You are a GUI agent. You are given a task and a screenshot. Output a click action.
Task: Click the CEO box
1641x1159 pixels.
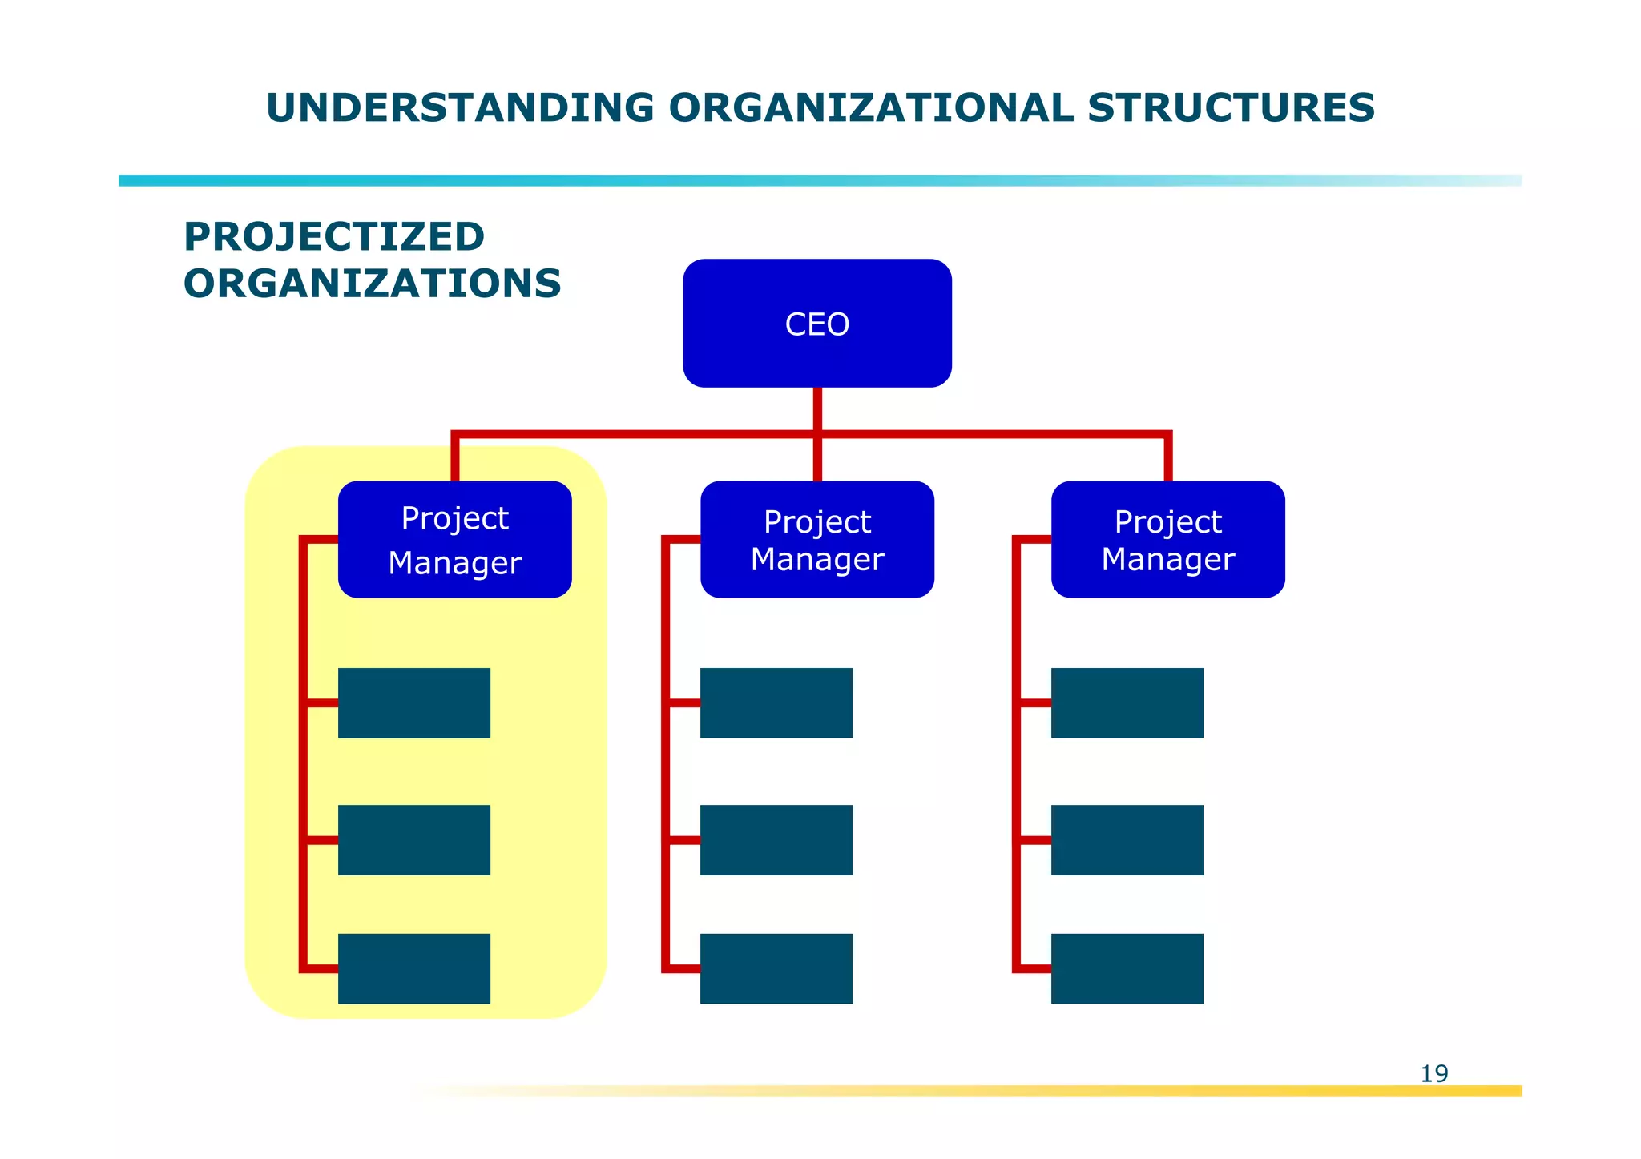click(816, 323)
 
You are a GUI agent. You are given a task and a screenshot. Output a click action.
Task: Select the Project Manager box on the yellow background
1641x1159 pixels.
click(454, 539)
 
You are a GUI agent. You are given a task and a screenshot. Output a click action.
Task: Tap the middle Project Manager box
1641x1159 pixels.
click(816, 539)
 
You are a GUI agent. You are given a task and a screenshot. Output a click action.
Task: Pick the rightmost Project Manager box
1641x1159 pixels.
click(1167, 539)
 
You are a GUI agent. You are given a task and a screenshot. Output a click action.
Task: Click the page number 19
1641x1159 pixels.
click(1433, 1073)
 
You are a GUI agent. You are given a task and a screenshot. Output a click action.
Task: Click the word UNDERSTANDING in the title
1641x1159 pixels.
click(460, 108)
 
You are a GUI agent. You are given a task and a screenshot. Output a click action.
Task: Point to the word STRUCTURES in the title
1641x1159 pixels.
click(1231, 108)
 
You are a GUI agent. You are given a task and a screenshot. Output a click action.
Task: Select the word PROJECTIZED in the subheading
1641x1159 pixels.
click(334, 237)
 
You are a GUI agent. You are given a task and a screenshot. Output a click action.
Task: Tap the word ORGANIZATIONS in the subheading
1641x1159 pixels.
click(372, 284)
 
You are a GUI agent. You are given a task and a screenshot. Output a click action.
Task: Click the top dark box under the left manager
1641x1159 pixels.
click(413, 702)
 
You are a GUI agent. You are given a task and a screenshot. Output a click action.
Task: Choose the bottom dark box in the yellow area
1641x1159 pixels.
click(413, 968)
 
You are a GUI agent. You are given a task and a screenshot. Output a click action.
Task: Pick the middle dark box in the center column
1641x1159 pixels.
click(776, 839)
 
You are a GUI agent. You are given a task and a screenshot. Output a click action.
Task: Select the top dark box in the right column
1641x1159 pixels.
click(1127, 702)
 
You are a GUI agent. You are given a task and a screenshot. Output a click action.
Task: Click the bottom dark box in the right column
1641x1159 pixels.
click(1127, 968)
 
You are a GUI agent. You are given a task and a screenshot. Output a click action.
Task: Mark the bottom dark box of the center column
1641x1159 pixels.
click(776, 968)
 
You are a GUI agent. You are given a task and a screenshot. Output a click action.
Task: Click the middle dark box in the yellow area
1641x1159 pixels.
click(413, 839)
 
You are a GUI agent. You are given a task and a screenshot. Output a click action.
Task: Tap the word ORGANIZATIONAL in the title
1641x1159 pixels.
click(870, 108)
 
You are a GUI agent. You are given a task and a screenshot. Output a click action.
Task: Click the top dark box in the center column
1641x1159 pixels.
click(776, 702)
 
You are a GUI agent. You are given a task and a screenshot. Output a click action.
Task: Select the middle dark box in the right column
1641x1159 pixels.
click(1127, 839)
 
